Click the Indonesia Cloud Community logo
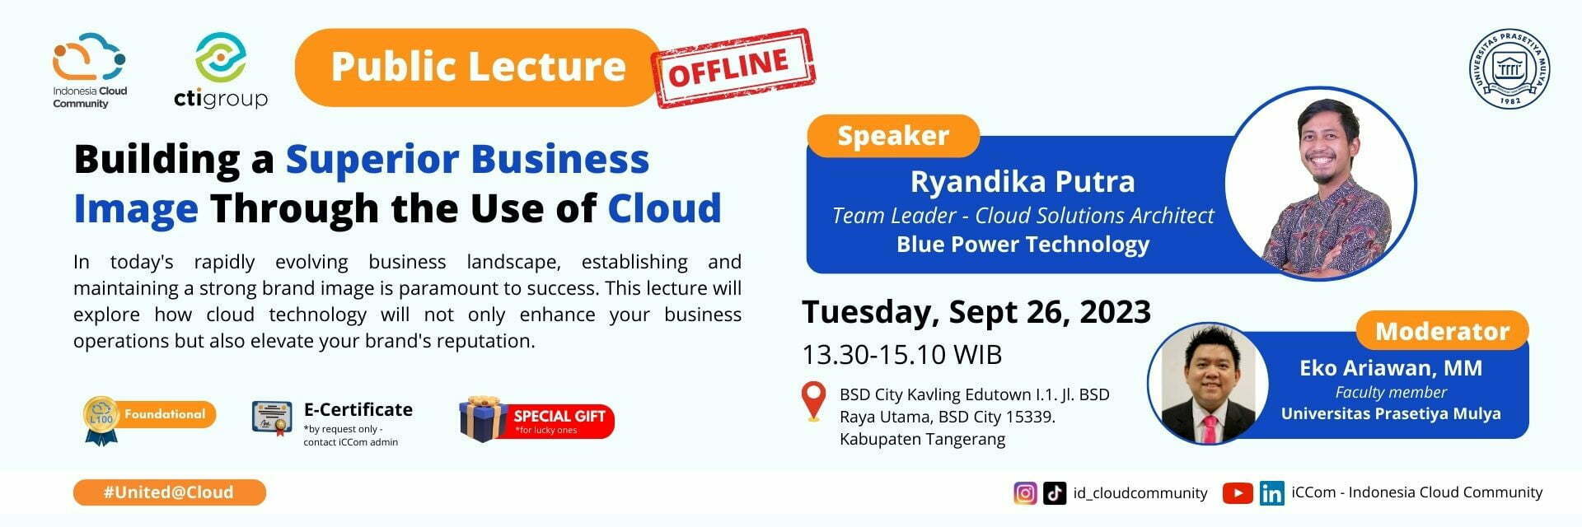click(x=89, y=70)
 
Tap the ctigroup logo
click(x=221, y=72)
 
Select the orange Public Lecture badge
click(x=478, y=68)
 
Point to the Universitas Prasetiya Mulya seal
click(x=1509, y=69)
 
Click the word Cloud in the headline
click(x=664, y=208)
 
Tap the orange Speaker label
click(x=893, y=136)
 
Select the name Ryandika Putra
click(x=1022, y=181)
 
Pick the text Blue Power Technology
click(x=1022, y=245)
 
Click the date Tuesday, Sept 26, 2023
click(x=976, y=312)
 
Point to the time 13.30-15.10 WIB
click(x=901, y=355)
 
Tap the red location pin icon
click(x=813, y=400)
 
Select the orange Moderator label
click(x=1442, y=331)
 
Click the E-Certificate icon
click(x=272, y=417)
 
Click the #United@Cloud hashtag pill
click(x=169, y=492)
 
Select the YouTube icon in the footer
click(x=1237, y=493)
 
